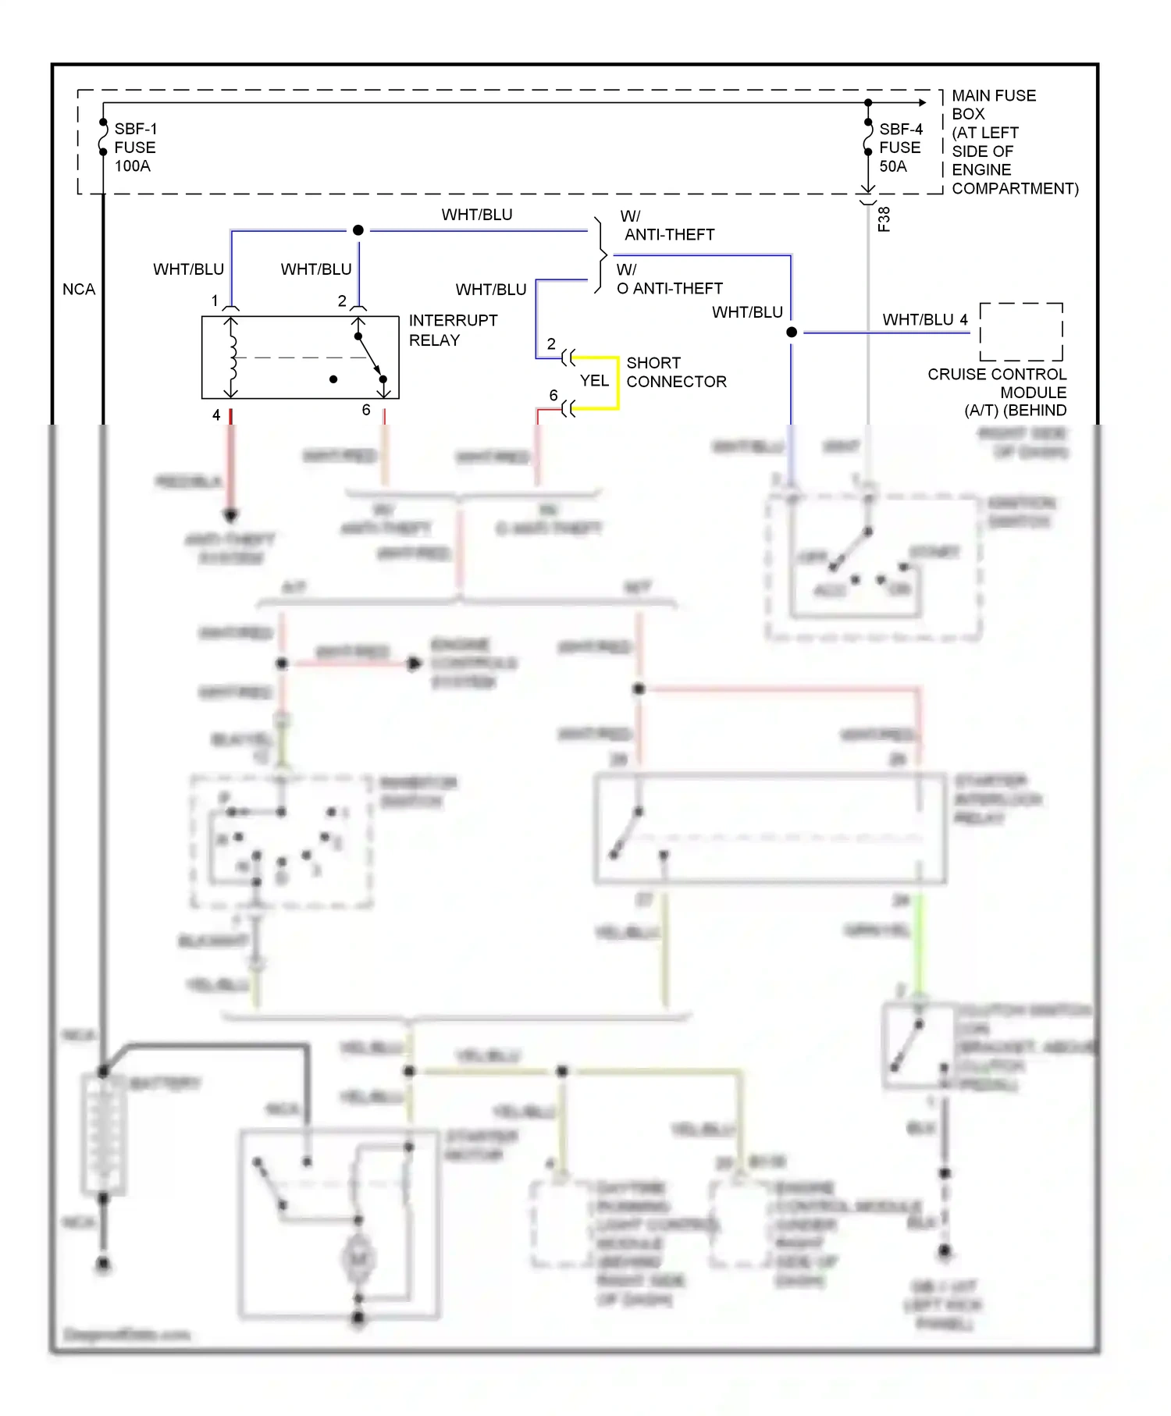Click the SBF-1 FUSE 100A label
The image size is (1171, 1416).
coord(134,148)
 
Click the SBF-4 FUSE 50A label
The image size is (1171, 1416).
coord(900,148)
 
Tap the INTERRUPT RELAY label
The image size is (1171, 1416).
coord(452,330)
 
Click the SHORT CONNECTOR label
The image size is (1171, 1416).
coord(675,372)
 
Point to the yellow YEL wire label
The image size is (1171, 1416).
coord(594,381)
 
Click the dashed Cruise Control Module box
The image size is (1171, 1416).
coord(1021,332)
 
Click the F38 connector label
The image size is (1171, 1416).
coord(884,219)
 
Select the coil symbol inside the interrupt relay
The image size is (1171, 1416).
coord(231,358)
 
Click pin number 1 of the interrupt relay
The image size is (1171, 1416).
coord(215,301)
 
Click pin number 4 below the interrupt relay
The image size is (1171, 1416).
coord(216,415)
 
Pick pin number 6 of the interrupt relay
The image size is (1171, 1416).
coord(366,411)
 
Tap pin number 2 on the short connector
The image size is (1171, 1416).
coord(551,344)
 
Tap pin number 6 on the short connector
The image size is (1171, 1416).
coord(553,396)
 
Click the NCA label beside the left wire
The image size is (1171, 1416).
coord(79,290)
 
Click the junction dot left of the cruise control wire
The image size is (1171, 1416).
coord(792,332)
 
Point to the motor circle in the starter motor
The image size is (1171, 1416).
coord(358,1257)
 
